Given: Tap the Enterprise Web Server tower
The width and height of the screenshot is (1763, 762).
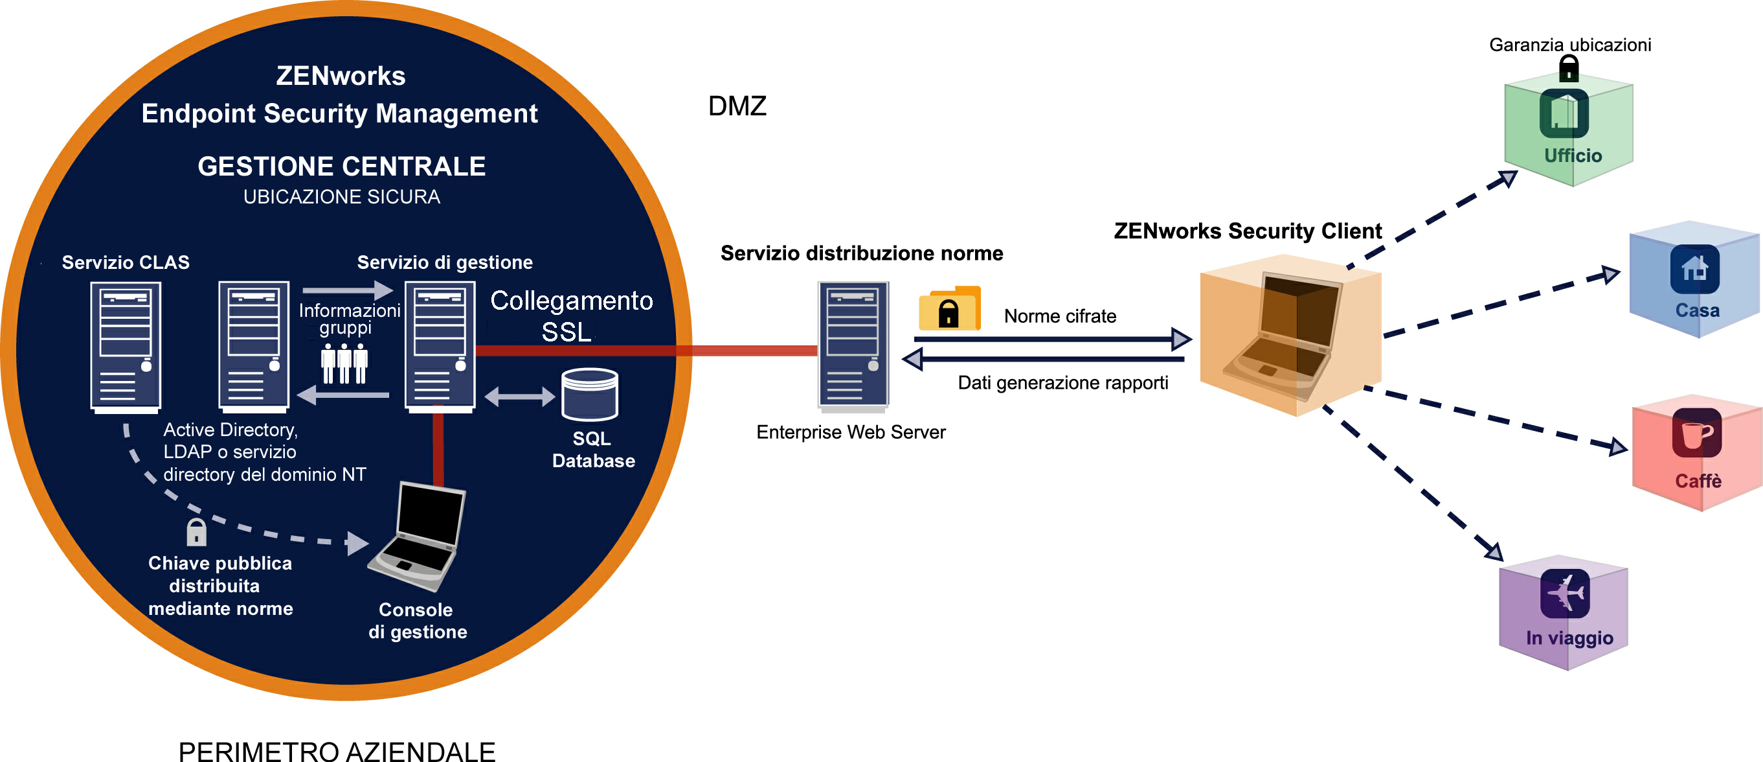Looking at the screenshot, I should (x=853, y=346).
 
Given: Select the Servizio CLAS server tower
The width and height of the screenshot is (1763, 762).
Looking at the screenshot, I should (x=126, y=347).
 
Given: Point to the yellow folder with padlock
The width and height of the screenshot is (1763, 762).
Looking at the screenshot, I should (x=949, y=310).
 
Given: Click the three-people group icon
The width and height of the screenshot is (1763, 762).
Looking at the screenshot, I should (x=344, y=364).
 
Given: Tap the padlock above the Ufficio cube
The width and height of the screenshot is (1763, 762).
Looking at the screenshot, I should (x=1569, y=69).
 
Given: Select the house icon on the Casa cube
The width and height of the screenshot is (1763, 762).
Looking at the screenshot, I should (x=1694, y=268).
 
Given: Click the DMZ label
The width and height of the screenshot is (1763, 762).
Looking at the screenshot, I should (x=737, y=106).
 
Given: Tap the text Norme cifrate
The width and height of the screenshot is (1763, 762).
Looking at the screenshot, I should (x=1059, y=316).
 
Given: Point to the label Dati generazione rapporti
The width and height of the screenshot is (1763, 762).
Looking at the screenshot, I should (x=1062, y=383).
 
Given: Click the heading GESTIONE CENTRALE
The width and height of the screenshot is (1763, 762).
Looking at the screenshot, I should (x=341, y=167).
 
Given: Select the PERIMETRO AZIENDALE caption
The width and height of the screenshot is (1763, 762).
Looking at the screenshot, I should (x=337, y=751).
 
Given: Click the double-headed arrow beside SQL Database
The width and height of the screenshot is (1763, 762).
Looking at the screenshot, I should (x=519, y=397).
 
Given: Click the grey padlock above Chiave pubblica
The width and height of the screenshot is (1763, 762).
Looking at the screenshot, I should (x=196, y=532).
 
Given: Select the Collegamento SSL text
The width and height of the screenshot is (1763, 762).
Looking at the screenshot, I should (x=571, y=316).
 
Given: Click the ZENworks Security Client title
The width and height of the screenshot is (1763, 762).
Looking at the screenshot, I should (x=1247, y=231).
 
